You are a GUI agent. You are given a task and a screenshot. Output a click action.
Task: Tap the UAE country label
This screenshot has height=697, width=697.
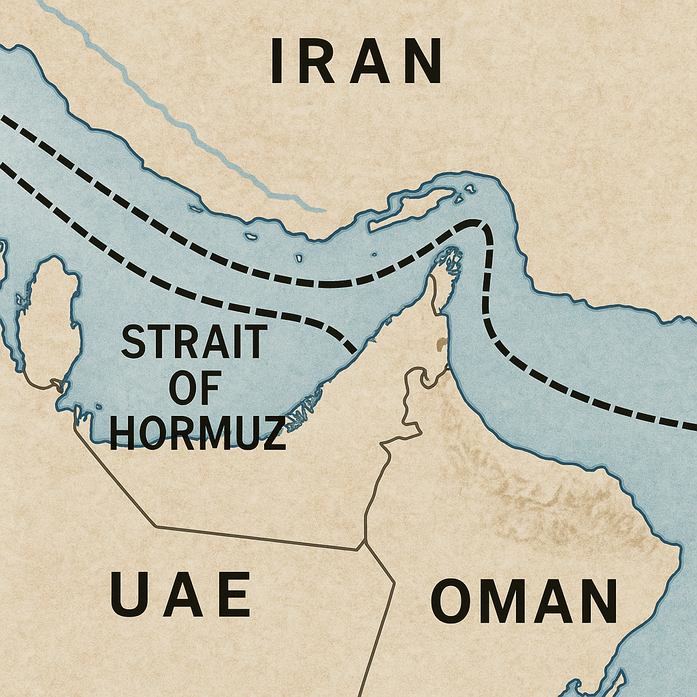tap(180, 594)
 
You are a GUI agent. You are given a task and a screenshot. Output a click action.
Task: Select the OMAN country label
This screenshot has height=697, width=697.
tap(524, 602)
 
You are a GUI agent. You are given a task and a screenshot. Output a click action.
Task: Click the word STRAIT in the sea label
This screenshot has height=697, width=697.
tap(193, 342)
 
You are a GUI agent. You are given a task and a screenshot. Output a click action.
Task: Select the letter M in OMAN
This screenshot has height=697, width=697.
tap(496, 602)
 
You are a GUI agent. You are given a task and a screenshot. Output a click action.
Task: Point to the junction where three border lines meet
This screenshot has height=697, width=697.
tap(366, 542)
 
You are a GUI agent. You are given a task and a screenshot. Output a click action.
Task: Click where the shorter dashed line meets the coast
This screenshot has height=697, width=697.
tap(353, 351)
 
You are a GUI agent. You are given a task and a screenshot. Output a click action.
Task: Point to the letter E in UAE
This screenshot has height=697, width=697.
tap(234, 594)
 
